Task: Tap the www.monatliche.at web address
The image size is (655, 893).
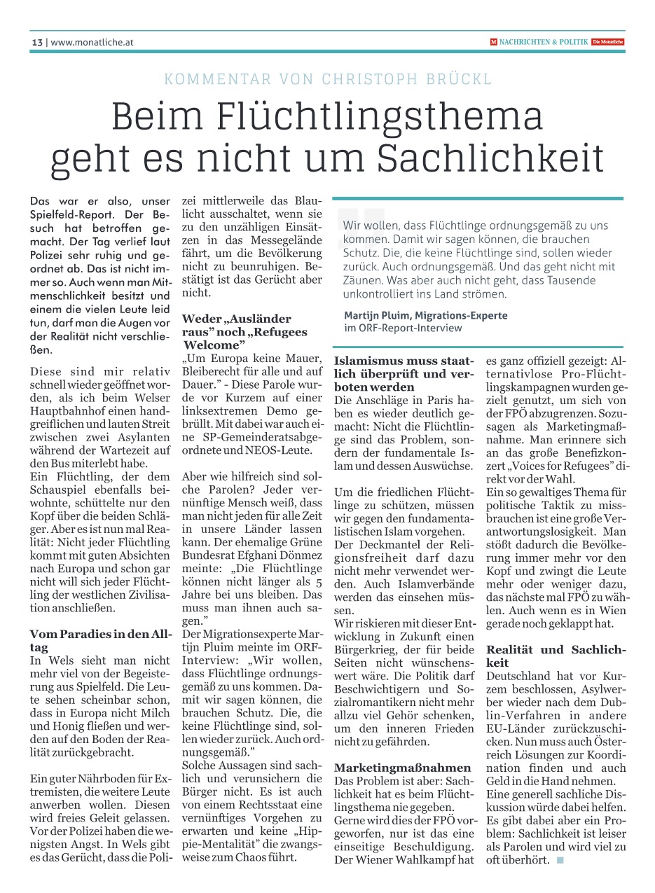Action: (x=92, y=42)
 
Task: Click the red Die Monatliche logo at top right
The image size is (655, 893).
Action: (x=607, y=42)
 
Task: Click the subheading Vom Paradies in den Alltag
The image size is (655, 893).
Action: (x=100, y=639)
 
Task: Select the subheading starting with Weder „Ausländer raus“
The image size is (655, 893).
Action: (x=244, y=331)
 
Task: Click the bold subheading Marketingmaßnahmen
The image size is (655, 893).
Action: (x=402, y=768)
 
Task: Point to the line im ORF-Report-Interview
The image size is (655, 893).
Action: (x=403, y=327)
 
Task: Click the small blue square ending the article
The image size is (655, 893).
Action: (x=560, y=859)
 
